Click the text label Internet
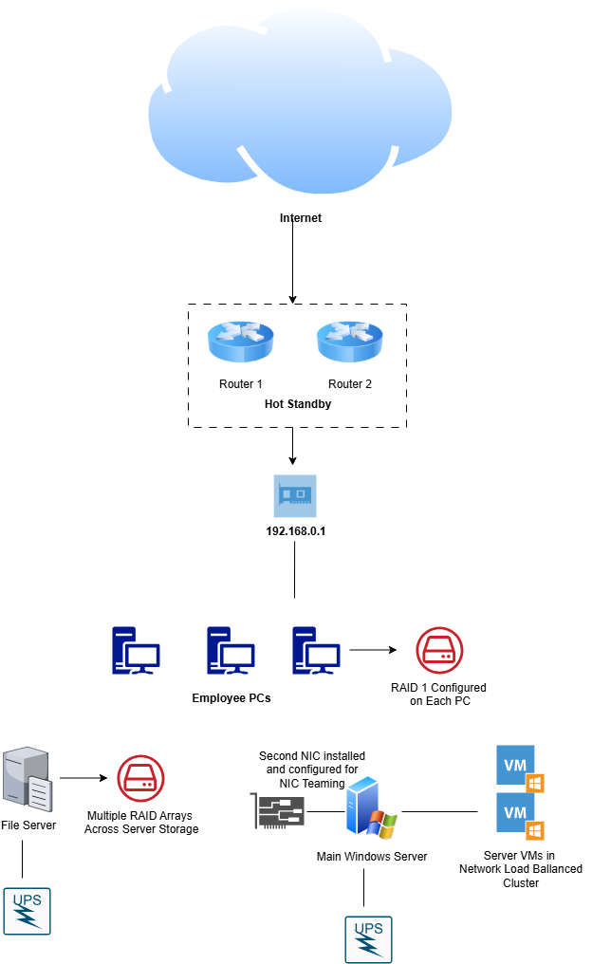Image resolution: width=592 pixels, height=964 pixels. coord(301,218)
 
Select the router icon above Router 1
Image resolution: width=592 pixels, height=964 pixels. coord(241,342)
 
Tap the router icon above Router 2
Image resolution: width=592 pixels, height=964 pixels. coord(350,342)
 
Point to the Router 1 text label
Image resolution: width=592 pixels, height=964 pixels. coord(241,384)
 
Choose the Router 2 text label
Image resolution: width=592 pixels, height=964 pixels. coord(350,384)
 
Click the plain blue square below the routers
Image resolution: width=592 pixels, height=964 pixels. coord(295,496)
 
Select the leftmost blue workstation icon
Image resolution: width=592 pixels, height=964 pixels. coord(136,651)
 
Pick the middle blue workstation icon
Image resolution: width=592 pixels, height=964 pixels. coord(231,651)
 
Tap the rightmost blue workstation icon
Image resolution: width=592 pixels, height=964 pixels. coord(316,651)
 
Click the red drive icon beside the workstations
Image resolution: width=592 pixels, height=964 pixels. coord(439,651)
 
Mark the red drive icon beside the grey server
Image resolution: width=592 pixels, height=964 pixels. coord(140,778)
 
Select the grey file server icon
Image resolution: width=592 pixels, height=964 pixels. coord(27,779)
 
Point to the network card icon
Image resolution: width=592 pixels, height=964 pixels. coord(278,811)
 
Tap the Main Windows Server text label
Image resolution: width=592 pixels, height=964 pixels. coord(372,857)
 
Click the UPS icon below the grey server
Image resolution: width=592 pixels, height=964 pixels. coord(27,911)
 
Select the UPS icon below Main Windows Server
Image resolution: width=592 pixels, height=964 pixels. coord(368,939)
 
